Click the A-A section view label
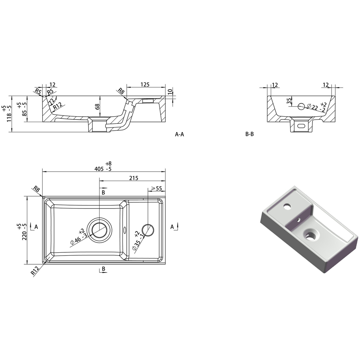pyautogui.click(x=180, y=134)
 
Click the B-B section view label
pyautogui.click(x=249, y=134)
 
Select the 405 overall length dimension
pyautogui.click(x=99, y=169)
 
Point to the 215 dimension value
pyautogui.click(x=134, y=178)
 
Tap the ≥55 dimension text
pyautogui.click(x=156, y=189)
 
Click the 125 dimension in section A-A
pyautogui.click(x=145, y=85)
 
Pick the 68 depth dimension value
pyautogui.click(x=97, y=107)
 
